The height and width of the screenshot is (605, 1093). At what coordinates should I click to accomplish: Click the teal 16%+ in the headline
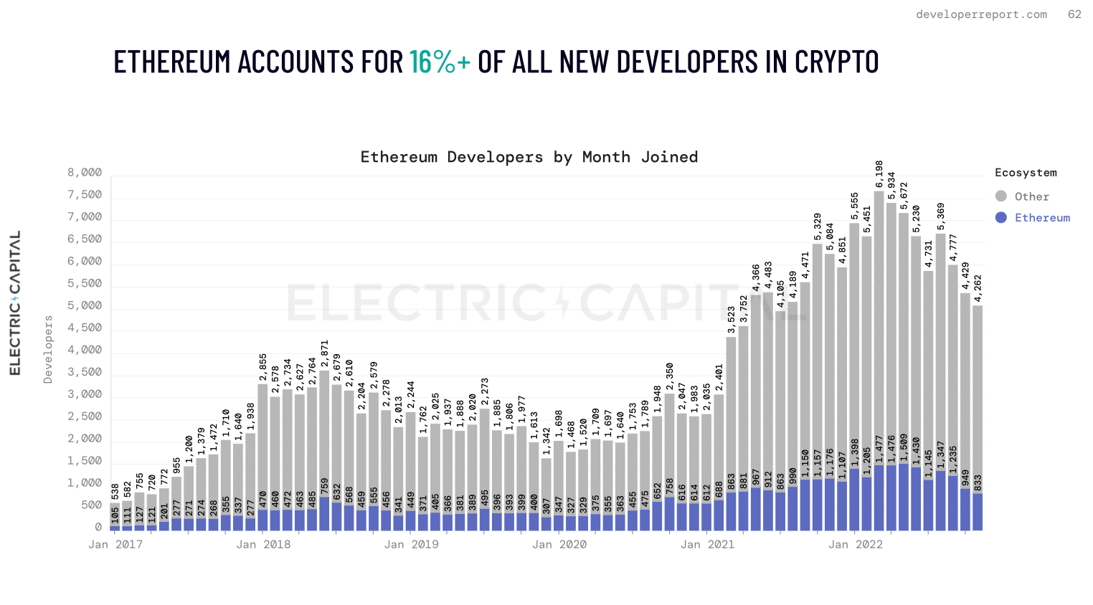point(440,62)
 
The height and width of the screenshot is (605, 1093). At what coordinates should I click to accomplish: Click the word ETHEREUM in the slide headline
point(173,62)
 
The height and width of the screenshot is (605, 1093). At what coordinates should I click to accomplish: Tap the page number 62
point(1074,14)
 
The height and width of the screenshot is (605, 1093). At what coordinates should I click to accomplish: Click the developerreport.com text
point(981,14)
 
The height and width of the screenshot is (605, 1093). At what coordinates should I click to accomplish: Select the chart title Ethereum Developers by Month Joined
point(529,157)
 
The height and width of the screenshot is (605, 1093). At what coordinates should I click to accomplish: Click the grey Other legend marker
point(1001,196)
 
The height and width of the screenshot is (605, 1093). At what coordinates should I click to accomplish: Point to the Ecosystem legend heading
point(1026,173)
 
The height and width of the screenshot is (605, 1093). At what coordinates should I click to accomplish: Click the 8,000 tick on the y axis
point(85,173)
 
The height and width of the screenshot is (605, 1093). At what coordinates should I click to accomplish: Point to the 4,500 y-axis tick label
point(85,328)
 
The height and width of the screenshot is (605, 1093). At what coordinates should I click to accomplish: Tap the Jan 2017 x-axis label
point(115,545)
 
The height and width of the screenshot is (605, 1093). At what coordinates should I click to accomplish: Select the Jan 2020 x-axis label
point(559,545)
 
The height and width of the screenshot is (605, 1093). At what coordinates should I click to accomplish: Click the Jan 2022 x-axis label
point(856,545)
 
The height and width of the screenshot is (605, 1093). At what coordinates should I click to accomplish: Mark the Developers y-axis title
point(48,349)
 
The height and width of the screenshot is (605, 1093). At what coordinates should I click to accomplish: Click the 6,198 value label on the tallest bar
point(879,174)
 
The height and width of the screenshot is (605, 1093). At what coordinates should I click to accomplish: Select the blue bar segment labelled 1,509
point(904,497)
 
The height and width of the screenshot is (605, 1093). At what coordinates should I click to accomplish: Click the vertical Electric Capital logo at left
point(15,302)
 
